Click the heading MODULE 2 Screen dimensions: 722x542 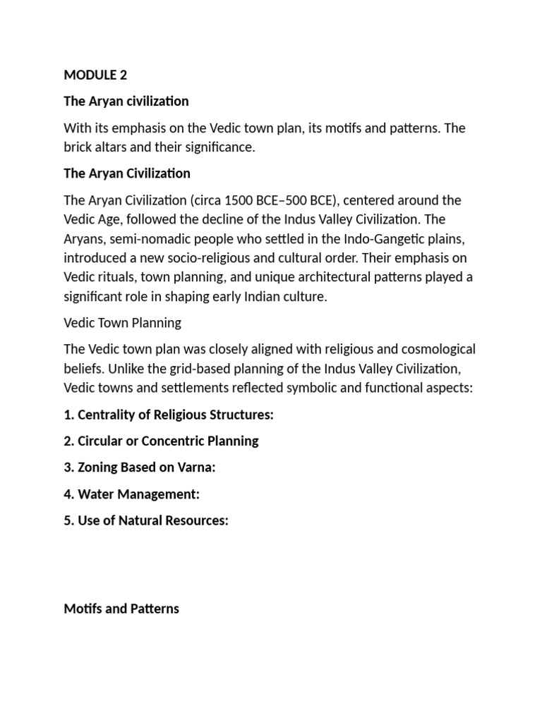(95, 75)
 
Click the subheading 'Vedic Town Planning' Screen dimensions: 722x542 (122, 322)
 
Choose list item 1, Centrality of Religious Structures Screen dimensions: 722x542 (169, 415)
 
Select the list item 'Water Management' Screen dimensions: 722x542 (132, 494)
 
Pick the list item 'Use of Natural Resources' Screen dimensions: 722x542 (147, 520)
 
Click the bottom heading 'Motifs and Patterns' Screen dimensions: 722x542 (121, 608)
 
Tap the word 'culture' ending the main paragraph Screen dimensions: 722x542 (303, 296)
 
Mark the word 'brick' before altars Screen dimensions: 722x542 (78, 147)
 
